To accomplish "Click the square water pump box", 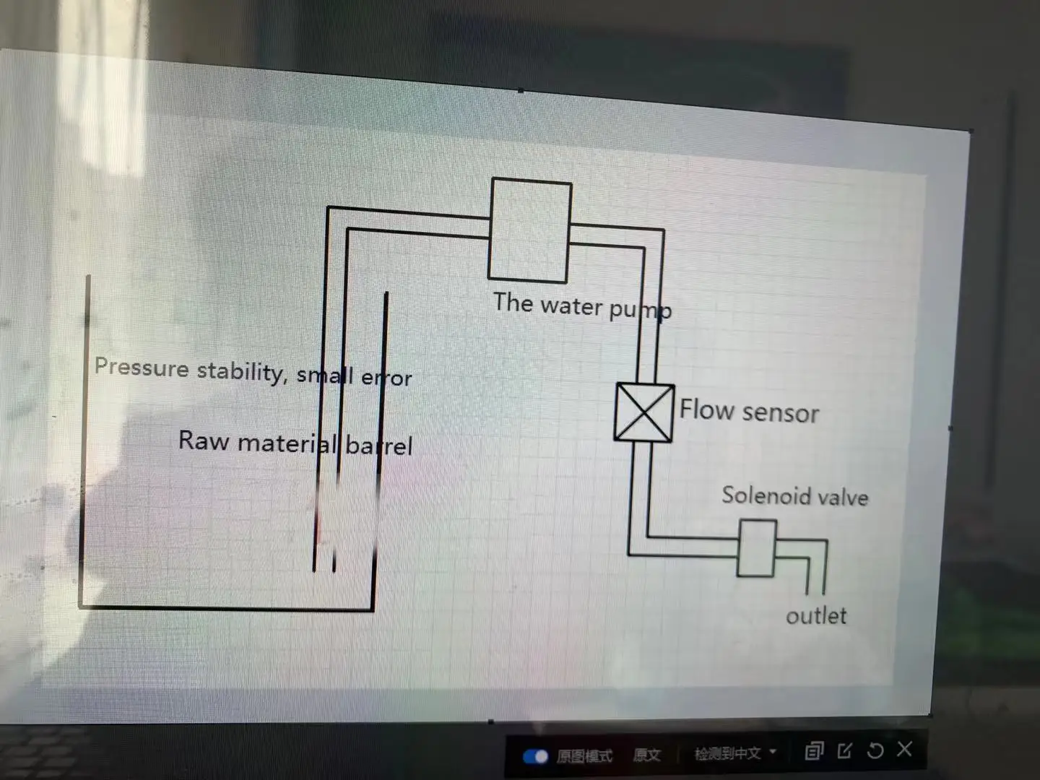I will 529,230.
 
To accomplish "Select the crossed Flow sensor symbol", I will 643,412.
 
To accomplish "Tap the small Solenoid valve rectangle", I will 756,548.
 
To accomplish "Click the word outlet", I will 816,616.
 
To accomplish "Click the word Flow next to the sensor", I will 706,409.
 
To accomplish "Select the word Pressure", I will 142,368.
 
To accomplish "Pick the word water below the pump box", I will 571,305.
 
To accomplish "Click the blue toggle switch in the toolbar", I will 536,756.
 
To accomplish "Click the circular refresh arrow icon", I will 875,751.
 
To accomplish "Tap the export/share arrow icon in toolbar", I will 844,751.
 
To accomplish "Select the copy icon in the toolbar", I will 814,752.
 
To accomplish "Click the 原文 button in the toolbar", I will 646,755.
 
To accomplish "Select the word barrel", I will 378,445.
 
